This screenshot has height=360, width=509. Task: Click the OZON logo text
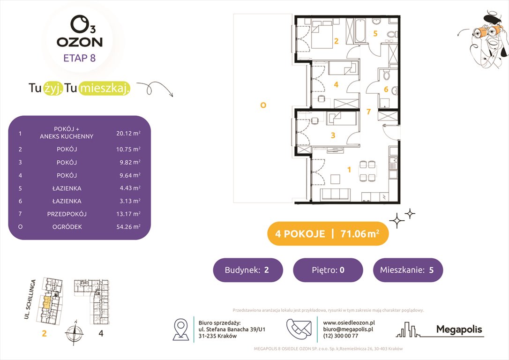coord(79,42)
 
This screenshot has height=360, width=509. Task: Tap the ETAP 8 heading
coord(79,59)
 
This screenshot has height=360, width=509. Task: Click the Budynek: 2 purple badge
coord(248,270)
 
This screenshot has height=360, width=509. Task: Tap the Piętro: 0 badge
coord(328,270)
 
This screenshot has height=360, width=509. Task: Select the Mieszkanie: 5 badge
coord(408,270)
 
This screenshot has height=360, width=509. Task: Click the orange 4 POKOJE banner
coord(328,234)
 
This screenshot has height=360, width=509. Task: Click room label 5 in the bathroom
coord(375,33)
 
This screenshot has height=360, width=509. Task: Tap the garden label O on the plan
coord(263,105)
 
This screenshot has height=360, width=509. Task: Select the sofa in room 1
coord(335,195)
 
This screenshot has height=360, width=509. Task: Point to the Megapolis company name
coord(459,330)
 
